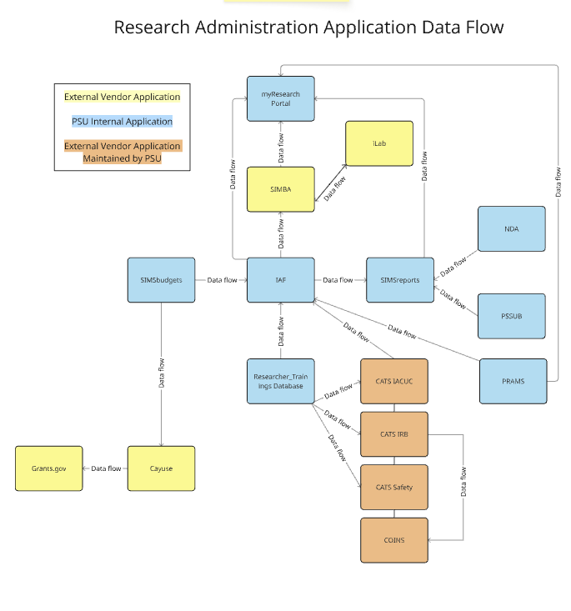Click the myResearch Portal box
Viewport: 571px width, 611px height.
pyautogui.click(x=280, y=98)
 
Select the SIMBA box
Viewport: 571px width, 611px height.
pyautogui.click(x=280, y=189)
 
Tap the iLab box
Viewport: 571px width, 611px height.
pyautogui.click(x=379, y=143)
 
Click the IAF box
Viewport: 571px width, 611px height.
pyautogui.click(x=280, y=280)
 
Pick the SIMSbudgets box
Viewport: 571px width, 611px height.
pyautogui.click(x=161, y=280)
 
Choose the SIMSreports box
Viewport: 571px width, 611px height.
pyautogui.click(x=399, y=280)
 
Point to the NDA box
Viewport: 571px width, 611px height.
pyautogui.click(x=511, y=228)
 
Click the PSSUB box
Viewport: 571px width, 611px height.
pyautogui.click(x=511, y=316)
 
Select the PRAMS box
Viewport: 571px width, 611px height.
pyautogui.click(x=513, y=381)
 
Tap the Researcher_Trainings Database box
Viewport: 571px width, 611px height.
pyautogui.click(x=280, y=381)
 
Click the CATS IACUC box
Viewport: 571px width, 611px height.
pyautogui.click(x=393, y=381)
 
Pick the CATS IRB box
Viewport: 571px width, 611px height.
pyautogui.click(x=393, y=434)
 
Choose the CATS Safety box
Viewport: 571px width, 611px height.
pyautogui.click(x=393, y=488)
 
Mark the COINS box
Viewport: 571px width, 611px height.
pyautogui.click(x=393, y=540)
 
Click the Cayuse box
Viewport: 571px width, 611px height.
pyautogui.click(x=161, y=468)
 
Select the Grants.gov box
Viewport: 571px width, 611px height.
pyautogui.click(x=49, y=468)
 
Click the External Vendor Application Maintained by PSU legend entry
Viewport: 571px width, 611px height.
pyautogui.click(x=123, y=152)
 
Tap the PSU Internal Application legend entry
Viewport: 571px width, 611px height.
pyautogui.click(x=123, y=122)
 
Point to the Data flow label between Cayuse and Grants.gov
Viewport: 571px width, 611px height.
pyautogui.click(x=106, y=468)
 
